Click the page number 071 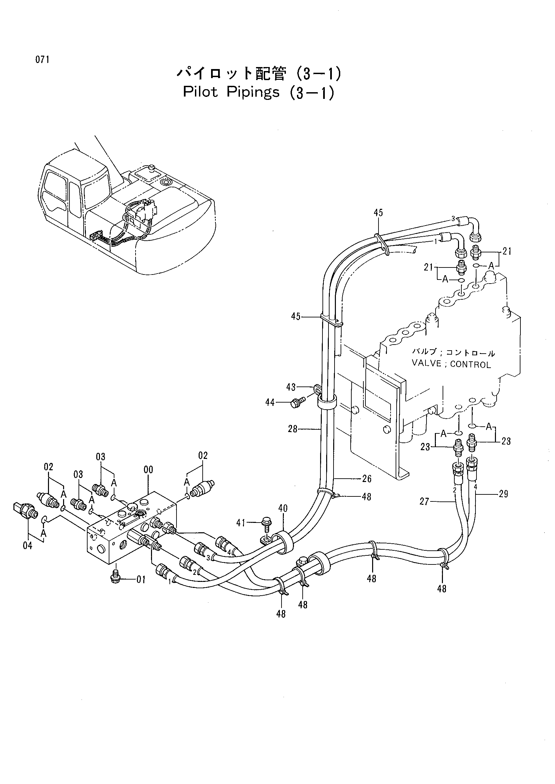(x=42, y=60)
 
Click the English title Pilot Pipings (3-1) (x=258, y=93)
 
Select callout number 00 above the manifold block (x=148, y=470)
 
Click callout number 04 (x=27, y=546)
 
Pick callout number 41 (x=241, y=523)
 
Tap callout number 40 (x=283, y=508)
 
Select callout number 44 (x=270, y=403)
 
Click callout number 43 (x=291, y=387)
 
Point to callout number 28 (x=293, y=429)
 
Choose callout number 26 (x=367, y=479)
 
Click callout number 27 (x=424, y=502)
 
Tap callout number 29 (x=503, y=494)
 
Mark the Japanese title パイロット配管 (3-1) (x=258, y=74)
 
